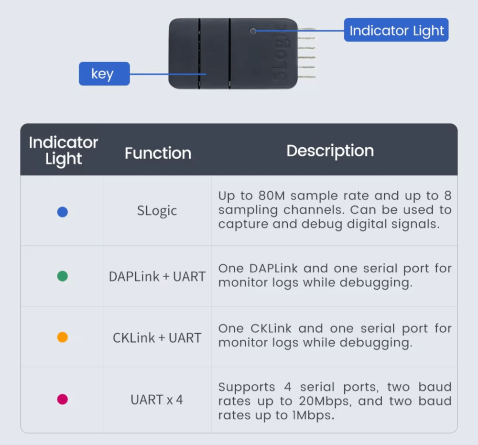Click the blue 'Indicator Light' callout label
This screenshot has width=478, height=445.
(396, 30)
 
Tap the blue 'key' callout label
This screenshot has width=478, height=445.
(104, 74)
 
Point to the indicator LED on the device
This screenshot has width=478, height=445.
(253, 31)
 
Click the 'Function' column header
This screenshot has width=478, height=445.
(158, 153)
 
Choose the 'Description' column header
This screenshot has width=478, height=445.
(330, 151)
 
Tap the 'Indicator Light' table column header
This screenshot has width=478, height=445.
(63, 151)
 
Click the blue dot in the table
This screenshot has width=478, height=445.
(62, 212)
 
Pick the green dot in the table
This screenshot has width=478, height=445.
(62, 276)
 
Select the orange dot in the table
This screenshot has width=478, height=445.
(62, 337)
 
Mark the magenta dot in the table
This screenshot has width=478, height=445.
(62, 399)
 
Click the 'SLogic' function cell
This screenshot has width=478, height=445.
(157, 211)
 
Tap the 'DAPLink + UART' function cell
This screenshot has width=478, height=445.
(157, 276)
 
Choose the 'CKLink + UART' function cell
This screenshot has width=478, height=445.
(157, 337)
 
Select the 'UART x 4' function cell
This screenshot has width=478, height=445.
(157, 399)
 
